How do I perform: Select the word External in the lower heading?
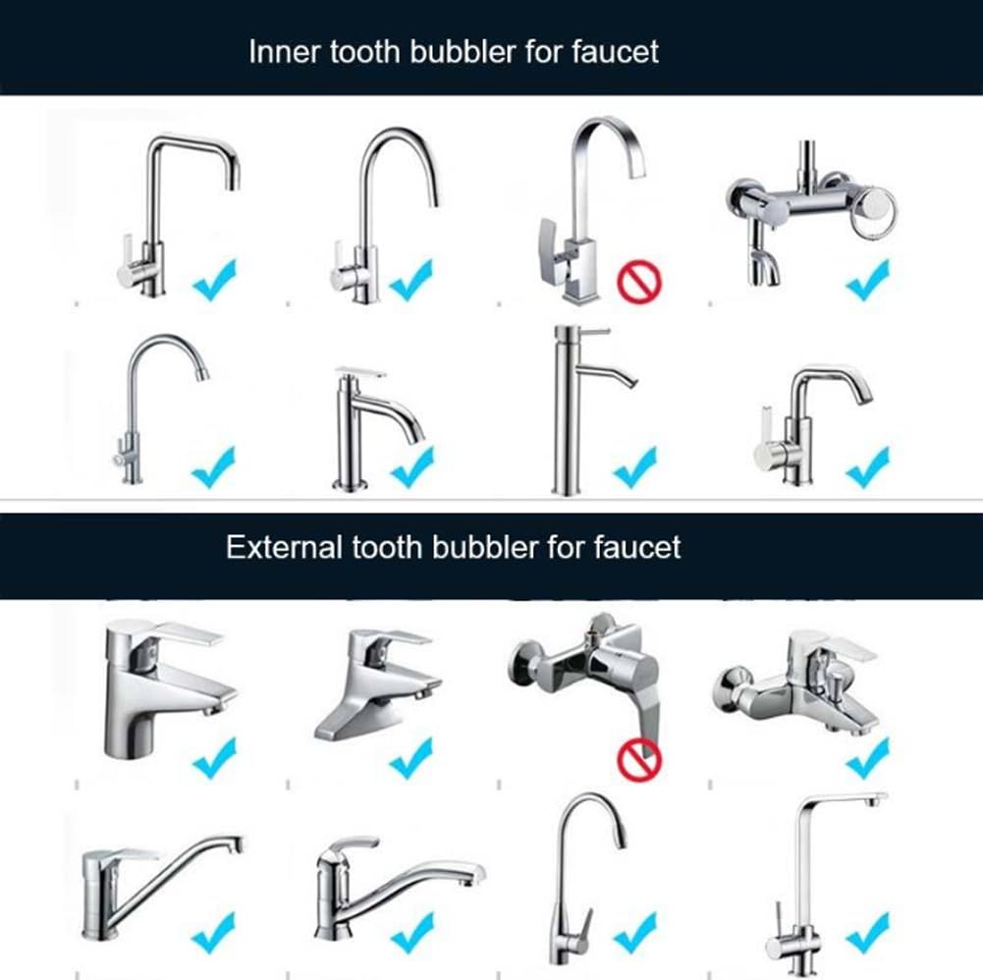pyautogui.click(x=285, y=547)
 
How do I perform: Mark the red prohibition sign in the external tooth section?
pyautogui.click(x=639, y=760)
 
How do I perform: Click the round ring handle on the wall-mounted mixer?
pyautogui.click(x=875, y=211)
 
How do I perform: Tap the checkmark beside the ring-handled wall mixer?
pyautogui.click(x=868, y=280)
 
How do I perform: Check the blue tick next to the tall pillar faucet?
pyautogui.click(x=635, y=467)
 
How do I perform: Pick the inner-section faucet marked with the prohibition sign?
pyautogui.click(x=592, y=211)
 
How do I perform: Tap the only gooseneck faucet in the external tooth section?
pyautogui.click(x=587, y=879)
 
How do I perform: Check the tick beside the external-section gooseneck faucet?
pyautogui.click(x=635, y=932)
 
